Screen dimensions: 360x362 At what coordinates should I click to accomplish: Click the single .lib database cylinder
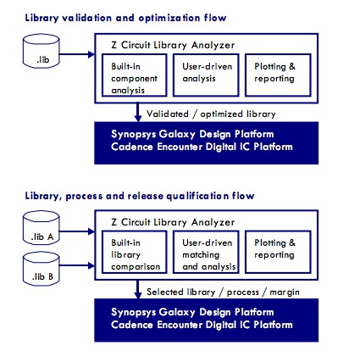point(42,51)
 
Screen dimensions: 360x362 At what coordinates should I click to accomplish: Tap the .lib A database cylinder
point(42,228)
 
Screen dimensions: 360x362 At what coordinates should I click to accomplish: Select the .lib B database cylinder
point(42,269)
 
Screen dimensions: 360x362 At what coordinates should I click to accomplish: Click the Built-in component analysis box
point(135,75)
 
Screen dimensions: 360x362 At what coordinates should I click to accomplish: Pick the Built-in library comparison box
point(135,252)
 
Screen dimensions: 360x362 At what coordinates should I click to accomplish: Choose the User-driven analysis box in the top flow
point(206,75)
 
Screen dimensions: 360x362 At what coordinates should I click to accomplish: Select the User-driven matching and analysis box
point(206,252)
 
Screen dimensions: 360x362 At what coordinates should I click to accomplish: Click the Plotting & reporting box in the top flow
point(278,75)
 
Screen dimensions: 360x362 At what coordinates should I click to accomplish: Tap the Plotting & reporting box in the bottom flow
point(278,252)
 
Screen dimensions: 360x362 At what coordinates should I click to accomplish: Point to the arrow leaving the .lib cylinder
point(77,54)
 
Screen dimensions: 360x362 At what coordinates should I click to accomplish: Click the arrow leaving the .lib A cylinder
point(77,231)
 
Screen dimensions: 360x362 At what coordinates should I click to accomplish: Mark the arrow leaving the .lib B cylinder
point(77,265)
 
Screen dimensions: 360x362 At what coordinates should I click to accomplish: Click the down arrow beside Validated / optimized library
point(138,112)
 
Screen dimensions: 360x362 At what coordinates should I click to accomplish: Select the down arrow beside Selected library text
point(138,289)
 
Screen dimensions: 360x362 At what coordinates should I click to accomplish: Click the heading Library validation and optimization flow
point(125,18)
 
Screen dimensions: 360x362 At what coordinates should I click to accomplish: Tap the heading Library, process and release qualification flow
point(140,196)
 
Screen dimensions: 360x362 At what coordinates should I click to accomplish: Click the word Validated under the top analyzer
point(168,114)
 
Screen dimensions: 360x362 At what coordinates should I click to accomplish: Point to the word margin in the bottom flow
point(285,292)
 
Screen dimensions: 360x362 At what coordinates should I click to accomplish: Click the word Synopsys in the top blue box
point(134,134)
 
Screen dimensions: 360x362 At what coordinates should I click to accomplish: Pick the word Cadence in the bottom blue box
point(132,325)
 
